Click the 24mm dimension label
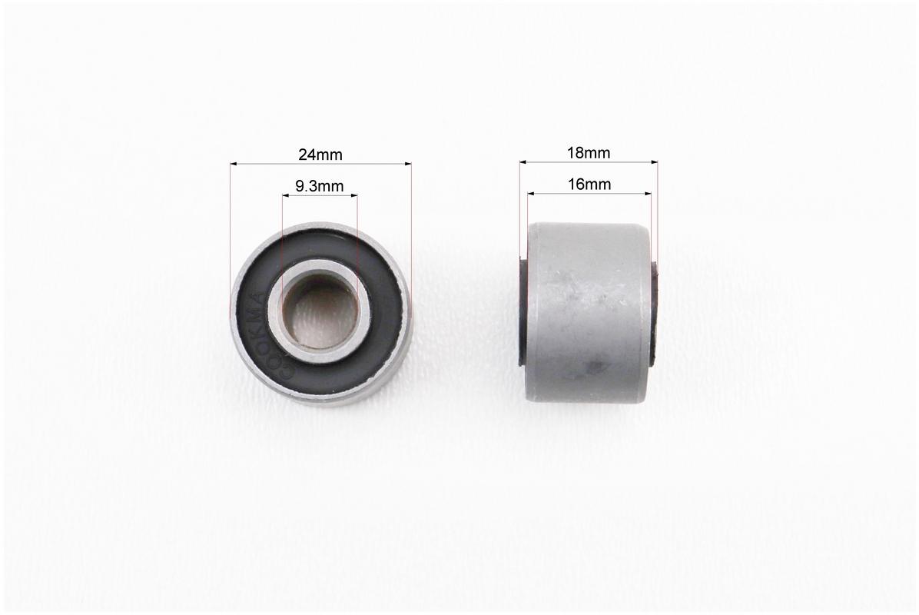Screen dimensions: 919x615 (320, 155)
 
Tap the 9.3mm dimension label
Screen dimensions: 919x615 (320, 187)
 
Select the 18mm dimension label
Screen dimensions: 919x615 (589, 153)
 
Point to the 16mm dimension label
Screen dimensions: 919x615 (589, 184)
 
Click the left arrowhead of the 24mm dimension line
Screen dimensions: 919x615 (234, 165)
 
